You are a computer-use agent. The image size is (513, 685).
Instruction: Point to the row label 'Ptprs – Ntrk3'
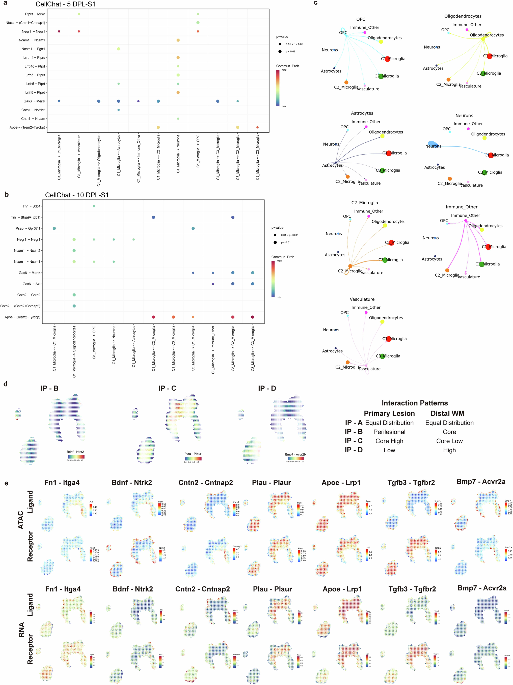point(35,14)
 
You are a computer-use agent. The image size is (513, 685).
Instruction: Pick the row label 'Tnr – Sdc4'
point(31,206)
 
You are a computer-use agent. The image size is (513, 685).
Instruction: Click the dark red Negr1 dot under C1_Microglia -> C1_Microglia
point(59,31)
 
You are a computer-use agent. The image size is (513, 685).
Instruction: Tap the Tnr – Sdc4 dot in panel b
point(94,206)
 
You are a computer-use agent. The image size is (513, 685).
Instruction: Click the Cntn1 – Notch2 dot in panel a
point(118,110)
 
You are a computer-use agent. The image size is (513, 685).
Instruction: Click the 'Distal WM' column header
point(447,413)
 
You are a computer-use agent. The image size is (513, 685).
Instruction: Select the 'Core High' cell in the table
point(389,441)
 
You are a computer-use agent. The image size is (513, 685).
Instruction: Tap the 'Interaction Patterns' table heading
point(415,403)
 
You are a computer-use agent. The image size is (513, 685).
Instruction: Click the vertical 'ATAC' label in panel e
point(21,520)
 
